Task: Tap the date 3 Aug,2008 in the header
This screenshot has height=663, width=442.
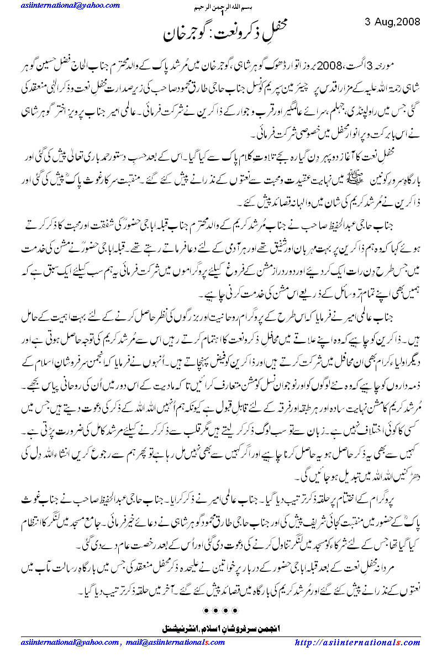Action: click(x=393, y=22)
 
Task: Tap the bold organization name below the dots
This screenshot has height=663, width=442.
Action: click(x=220, y=628)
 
